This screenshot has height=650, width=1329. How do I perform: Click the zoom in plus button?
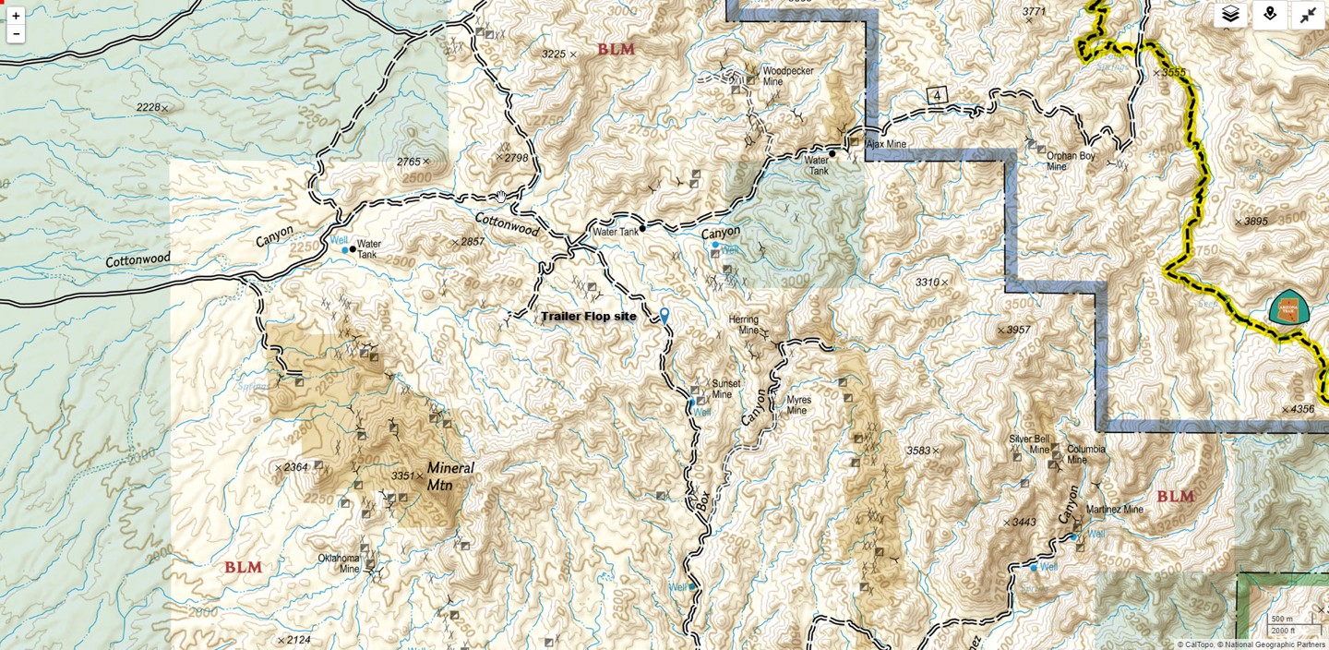click(16, 16)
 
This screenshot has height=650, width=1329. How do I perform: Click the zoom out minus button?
click(16, 34)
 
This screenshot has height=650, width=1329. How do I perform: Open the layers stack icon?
click(1230, 15)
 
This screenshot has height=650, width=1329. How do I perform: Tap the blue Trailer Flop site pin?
click(664, 316)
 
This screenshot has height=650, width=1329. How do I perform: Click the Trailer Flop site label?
click(588, 317)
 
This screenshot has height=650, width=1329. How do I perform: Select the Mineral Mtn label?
click(449, 475)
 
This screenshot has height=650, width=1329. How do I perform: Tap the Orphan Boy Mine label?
click(1071, 162)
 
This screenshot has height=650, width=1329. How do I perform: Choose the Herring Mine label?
click(743, 325)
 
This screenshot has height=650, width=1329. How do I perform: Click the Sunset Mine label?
click(724, 389)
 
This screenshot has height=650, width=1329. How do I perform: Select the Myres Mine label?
click(798, 405)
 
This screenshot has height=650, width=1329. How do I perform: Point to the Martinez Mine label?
click(1114, 510)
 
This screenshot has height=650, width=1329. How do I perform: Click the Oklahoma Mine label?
click(338, 563)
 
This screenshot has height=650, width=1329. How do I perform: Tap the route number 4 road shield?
click(938, 96)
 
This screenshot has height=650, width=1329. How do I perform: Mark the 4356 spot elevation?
click(1301, 409)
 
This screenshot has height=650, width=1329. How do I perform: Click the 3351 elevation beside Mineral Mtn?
click(402, 475)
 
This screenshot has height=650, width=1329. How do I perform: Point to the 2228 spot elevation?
click(149, 108)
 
